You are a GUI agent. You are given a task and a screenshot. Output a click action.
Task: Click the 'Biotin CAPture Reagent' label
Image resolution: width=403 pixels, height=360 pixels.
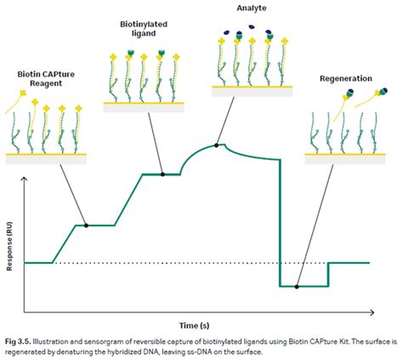[46, 79]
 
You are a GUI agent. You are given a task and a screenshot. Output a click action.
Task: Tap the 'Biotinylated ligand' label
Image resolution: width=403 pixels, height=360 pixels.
[144, 29]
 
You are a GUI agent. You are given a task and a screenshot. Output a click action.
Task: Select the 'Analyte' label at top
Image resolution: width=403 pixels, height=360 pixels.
[252, 9]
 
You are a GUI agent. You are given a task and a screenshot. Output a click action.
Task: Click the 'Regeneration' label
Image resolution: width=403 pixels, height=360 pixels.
[346, 78]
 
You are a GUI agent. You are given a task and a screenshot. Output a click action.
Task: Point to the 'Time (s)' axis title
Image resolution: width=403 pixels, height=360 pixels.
[195, 325]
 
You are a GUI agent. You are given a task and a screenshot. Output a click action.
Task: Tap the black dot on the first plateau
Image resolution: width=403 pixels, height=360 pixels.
[87, 226]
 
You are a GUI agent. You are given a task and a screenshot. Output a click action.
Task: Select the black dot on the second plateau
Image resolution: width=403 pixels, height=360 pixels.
[162, 174]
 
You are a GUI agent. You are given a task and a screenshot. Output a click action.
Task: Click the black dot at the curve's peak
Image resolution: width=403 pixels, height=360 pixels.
[216, 146]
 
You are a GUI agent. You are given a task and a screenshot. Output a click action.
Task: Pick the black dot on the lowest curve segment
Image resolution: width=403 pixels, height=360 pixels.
[297, 287]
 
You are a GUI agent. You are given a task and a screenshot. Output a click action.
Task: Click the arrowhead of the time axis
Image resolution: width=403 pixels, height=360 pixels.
[372, 312]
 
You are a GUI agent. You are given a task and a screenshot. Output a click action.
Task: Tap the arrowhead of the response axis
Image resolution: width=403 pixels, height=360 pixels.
[25, 179]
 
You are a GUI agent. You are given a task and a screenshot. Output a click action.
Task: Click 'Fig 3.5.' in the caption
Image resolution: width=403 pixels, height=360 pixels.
[15, 341]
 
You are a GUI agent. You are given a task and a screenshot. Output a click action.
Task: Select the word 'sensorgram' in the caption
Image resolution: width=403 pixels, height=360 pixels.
[116, 341]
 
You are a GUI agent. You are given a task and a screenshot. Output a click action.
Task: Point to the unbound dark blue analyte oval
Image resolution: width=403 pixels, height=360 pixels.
[252, 27]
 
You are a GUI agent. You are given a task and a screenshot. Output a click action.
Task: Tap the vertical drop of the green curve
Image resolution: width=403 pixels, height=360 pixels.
[281, 223]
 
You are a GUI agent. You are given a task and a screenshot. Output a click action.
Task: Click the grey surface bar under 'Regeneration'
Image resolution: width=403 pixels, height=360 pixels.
[345, 160]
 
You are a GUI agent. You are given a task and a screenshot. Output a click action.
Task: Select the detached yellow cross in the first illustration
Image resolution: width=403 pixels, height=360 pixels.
[23, 93]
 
